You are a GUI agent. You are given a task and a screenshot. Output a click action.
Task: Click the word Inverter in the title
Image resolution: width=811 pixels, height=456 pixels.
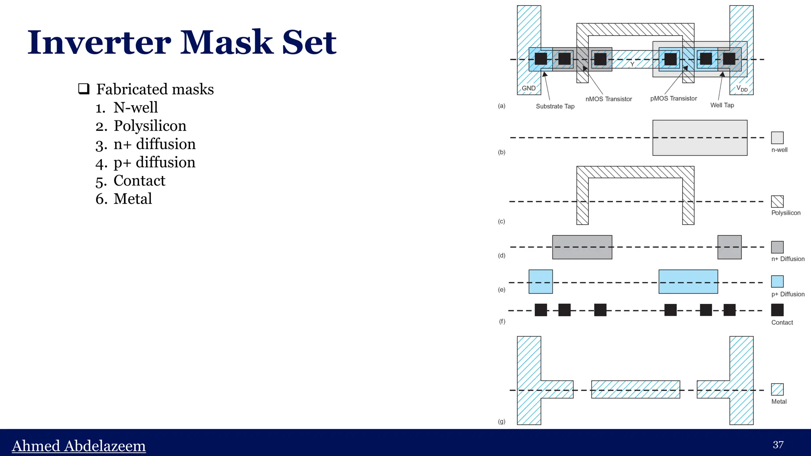[99, 43]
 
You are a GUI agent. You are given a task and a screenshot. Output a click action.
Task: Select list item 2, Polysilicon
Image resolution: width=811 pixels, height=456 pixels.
[150, 126]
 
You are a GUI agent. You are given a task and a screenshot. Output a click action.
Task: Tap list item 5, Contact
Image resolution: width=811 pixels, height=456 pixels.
[139, 181]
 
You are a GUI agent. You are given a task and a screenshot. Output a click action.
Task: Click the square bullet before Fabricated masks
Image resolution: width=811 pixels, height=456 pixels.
[84, 88]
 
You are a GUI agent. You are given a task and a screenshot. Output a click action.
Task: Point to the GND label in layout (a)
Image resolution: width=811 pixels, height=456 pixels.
[529, 88]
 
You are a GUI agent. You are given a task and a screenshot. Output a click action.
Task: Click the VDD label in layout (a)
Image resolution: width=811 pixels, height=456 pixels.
[742, 88]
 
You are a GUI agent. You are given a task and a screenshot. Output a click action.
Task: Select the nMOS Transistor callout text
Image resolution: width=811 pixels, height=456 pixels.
[609, 99]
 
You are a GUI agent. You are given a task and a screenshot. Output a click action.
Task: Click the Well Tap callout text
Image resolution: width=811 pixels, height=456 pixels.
[722, 105]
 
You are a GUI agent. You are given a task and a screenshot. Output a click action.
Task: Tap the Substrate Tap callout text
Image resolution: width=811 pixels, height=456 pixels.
[555, 106]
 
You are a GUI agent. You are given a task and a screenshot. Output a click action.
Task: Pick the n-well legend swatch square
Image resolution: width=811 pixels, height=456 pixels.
[777, 138]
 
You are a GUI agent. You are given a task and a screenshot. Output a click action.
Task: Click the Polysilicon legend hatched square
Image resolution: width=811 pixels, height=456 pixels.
[777, 202]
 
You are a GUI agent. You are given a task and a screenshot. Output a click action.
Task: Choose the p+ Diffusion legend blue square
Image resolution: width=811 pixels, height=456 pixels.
[777, 282]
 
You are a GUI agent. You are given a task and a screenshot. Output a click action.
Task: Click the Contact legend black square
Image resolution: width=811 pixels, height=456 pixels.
[777, 310]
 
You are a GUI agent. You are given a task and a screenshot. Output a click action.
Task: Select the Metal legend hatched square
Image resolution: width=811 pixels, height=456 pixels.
[777, 389]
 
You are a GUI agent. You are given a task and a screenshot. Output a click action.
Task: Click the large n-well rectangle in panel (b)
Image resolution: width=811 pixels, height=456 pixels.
[700, 138]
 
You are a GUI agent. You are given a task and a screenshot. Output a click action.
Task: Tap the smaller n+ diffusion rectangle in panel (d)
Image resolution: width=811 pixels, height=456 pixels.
[729, 247]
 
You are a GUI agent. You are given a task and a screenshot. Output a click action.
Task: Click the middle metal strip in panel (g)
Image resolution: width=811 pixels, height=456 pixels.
[636, 389]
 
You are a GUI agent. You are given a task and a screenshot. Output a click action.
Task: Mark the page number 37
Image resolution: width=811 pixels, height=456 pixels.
[778, 445]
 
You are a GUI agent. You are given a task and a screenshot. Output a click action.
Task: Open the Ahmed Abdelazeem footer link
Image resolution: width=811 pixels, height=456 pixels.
[79, 446]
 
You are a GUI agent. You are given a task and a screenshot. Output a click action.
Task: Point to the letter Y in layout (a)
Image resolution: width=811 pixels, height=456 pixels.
[632, 64]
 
